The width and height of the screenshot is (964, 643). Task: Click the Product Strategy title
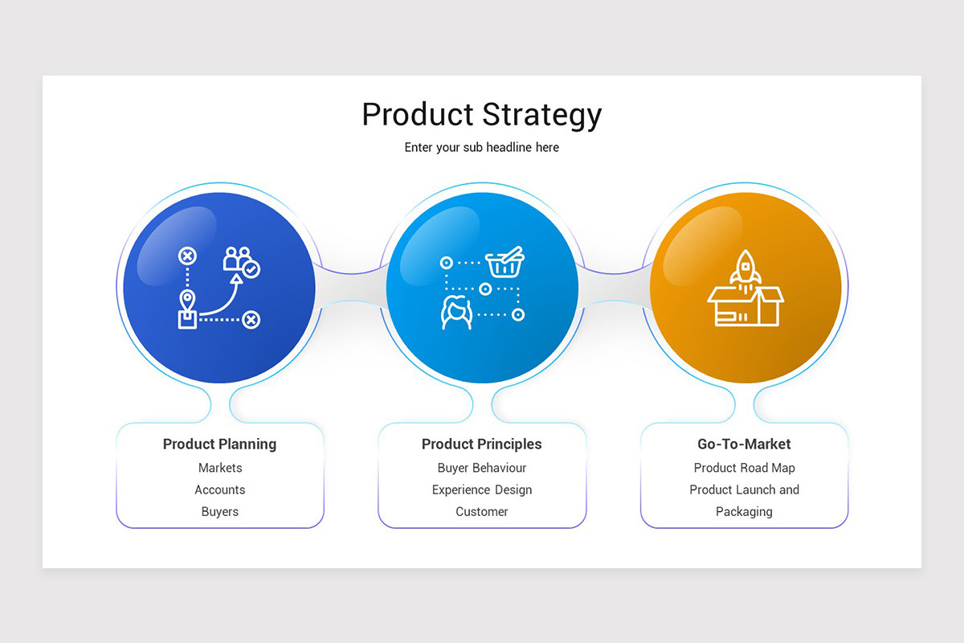tap(481, 115)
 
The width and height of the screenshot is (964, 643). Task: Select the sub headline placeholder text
tap(481, 148)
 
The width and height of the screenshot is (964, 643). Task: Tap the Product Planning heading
tap(219, 444)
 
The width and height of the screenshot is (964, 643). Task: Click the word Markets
tap(219, 468)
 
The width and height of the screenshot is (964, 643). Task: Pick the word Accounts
tap(219, 489)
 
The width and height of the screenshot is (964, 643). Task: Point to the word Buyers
tap(219, 511)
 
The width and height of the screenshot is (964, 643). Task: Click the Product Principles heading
tap(481, 444)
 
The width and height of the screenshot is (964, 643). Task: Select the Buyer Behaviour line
tap(481, 468)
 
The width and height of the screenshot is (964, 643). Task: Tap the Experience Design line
tap(481, 489)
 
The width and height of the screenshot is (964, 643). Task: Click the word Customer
tap(481, 511)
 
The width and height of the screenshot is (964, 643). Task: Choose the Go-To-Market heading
tap(744, 444)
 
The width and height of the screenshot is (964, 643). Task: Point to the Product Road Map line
tap(744, 468)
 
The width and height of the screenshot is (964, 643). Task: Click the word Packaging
tap(744, 511)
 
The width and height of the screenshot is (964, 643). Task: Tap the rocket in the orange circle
tap(745, 267)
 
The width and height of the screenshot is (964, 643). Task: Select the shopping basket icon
tap(505, 262)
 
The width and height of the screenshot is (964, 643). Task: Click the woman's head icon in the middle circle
tap(456, 312)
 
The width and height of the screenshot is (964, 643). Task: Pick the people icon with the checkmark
tap(240, 260)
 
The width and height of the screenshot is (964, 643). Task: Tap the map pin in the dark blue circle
tap(187, 301)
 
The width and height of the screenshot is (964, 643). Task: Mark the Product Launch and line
tap(744, 489)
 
